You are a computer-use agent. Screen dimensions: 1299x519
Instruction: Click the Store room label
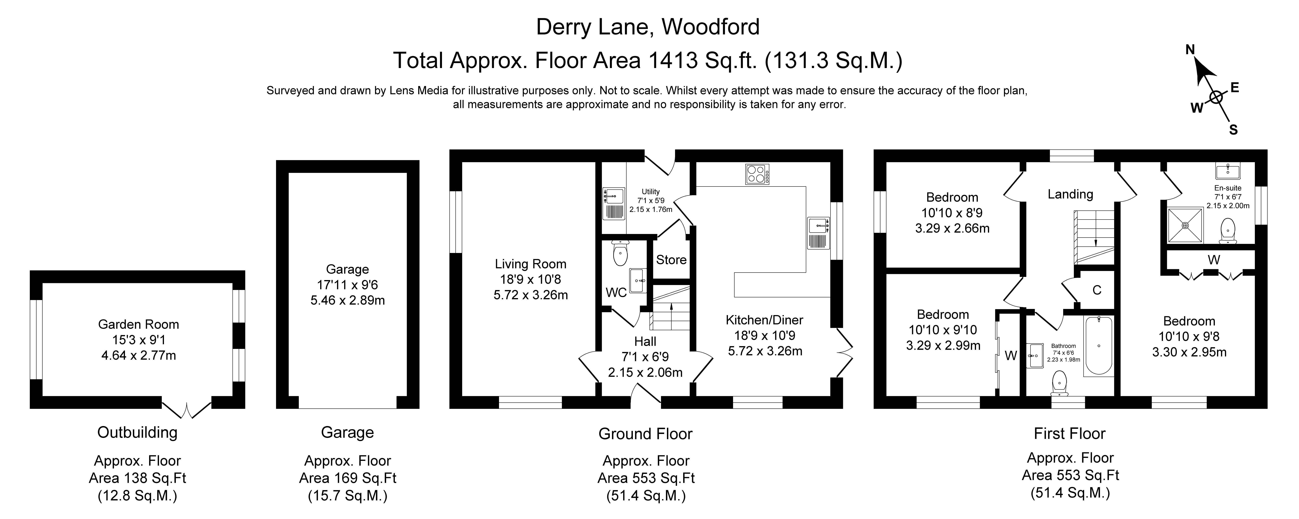(671, 260)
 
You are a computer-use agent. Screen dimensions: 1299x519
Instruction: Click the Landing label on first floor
(1070, 194)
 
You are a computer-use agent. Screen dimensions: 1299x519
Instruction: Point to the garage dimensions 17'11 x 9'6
(348, 285)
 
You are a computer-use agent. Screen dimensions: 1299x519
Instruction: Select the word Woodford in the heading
(710, 27)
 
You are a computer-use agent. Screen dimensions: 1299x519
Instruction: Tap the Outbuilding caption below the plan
(137, 432)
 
